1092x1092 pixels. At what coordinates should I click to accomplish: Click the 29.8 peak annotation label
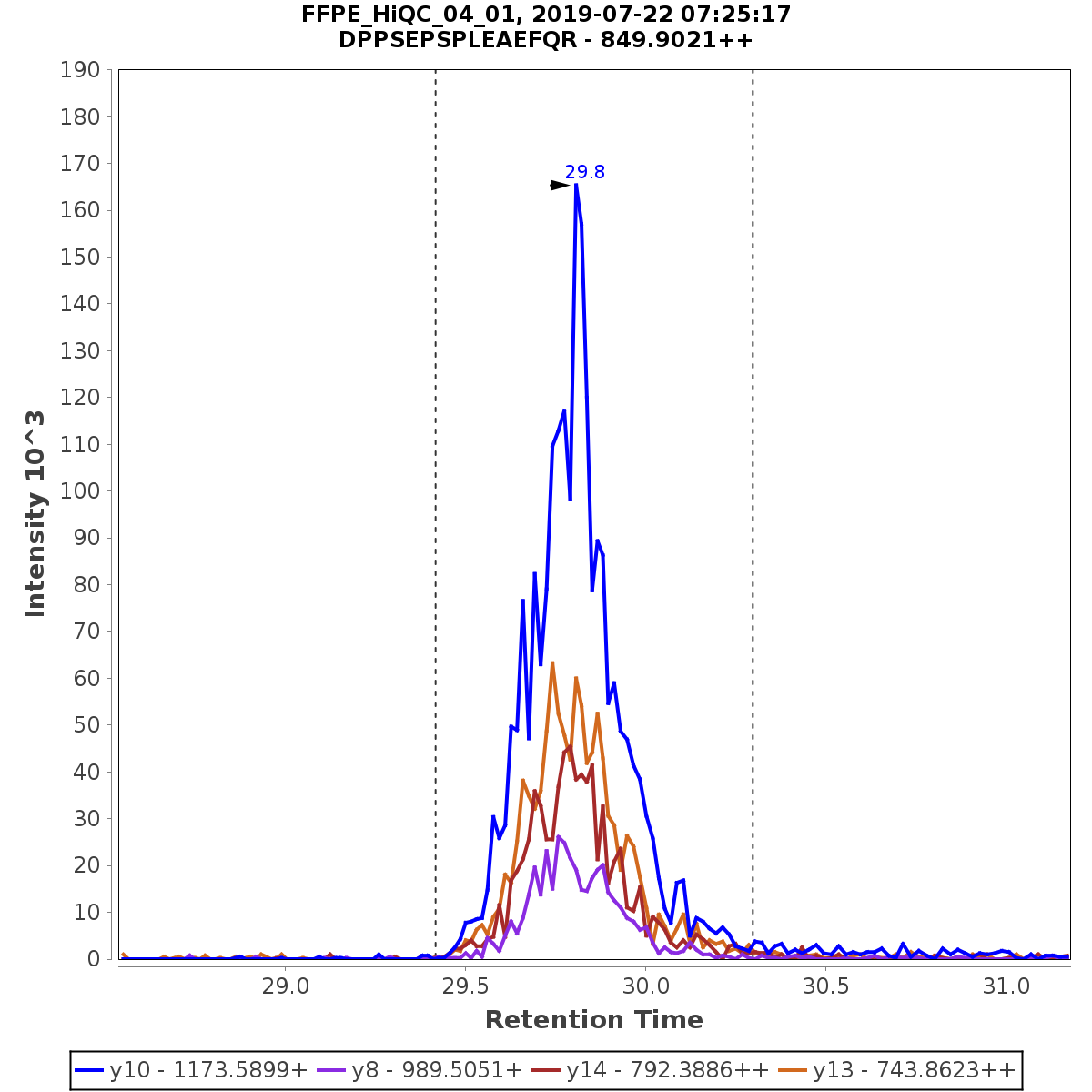pyautogui.click(x=584, y=172)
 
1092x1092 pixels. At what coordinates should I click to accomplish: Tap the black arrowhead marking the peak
pyautogui.click(x=560, y=186)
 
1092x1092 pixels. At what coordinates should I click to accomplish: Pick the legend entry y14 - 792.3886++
pyautogui.click(x=667, y=1068)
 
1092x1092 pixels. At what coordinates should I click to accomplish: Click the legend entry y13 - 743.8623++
pyautogui.click(x=914, y=1068)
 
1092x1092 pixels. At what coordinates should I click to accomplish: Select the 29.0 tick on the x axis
pyautogui.click(x=286, y=986)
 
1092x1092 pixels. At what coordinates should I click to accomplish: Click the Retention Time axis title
pyautogui.click(x=593, y=1020)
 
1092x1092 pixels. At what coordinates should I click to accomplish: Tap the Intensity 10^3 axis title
pyautogui.click(x=35, y=513)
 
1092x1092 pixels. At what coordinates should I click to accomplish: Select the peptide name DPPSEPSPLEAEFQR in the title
pyautogui.click(x=457, y=41)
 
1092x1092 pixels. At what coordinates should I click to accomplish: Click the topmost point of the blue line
pyautogui.click(x=576, y=185)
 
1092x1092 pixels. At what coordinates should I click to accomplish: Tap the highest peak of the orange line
pyautogui.click(x=552, y=662)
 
